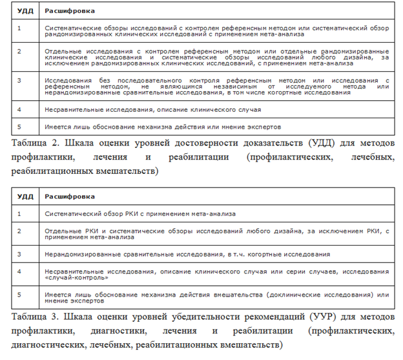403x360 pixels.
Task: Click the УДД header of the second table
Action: click(25, 196)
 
